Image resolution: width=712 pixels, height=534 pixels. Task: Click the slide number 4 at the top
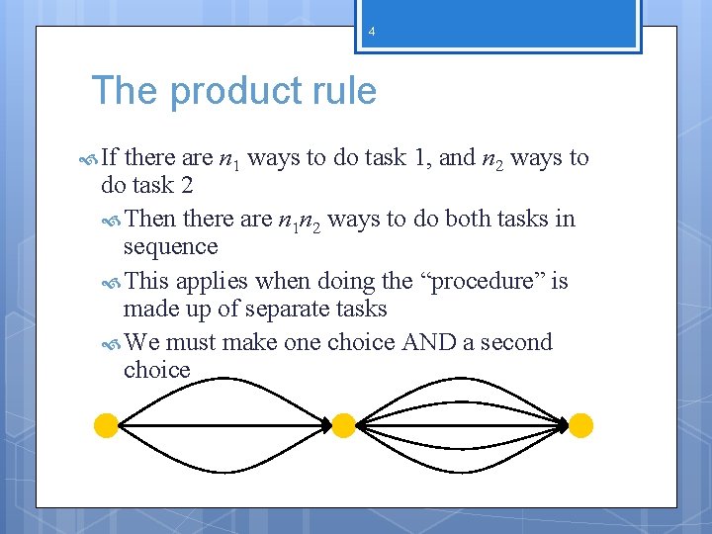click(372, 33)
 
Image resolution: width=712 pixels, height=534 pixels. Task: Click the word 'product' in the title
click(232, 92)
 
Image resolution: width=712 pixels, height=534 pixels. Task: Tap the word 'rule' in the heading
click(341, 92)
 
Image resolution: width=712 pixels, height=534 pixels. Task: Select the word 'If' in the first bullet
click(110, 158)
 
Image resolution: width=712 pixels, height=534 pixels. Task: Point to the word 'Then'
click(151, 219)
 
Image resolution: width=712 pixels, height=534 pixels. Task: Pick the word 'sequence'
click(170, 246)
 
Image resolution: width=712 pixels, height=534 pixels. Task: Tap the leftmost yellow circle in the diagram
click(106, 426)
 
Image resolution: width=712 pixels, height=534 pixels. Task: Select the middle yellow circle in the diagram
click(343, 426)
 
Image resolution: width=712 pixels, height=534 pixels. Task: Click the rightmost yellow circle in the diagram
click(581, 426)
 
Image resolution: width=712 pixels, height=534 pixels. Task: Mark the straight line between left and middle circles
click(224, 426)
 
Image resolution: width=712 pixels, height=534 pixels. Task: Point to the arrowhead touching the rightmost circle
click(564, 426)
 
